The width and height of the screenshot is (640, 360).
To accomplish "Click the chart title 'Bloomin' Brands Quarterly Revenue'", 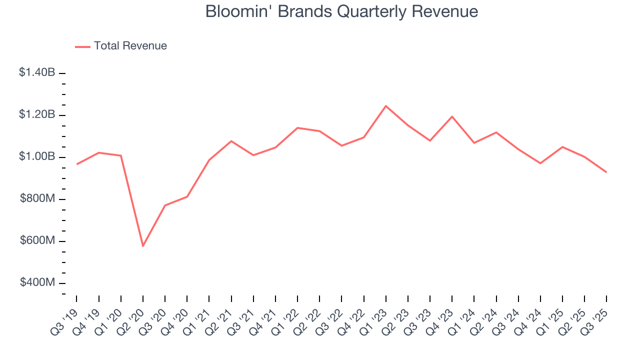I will point(341,11).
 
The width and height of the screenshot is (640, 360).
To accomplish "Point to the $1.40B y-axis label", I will point(37,72).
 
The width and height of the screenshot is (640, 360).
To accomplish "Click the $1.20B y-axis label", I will point(37,114).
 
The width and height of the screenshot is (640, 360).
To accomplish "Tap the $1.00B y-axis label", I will point(37,156).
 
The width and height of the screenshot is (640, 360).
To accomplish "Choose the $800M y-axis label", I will point(37,198).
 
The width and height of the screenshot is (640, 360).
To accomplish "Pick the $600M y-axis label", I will point(37,240).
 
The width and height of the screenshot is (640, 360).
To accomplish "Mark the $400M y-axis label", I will point(37,282).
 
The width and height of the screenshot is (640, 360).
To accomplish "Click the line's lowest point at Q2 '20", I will point(143,246).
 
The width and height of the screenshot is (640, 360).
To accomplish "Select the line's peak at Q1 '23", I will point(386,106).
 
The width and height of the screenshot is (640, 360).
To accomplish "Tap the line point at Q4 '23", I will point(452,116).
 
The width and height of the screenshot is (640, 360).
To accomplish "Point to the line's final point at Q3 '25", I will point(606,172).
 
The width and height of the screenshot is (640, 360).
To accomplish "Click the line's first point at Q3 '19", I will point(76,164).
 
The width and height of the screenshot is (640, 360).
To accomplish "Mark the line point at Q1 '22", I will point(297,128).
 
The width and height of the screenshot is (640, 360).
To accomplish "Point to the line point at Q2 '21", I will point(231,141).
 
